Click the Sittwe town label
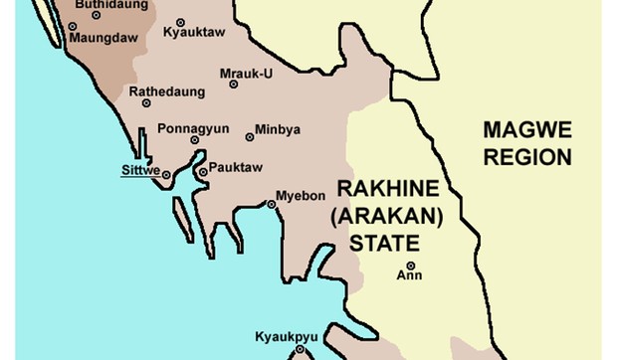pyautogui.click(x=138, y=169)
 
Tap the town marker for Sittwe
pyautogui.click(x=166, y=175)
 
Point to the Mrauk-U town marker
pyautogui.click(x=234, y=85)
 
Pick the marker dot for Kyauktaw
pyautogui.click(x=180, y=22)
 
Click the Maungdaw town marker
pyautogui.click(x=72, y=26)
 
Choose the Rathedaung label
pyautogui.click(x=167, y=91)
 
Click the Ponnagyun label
pyautogui.click(x=193, y=128)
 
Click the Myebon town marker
pyautogui.click(x=272, y=205)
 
